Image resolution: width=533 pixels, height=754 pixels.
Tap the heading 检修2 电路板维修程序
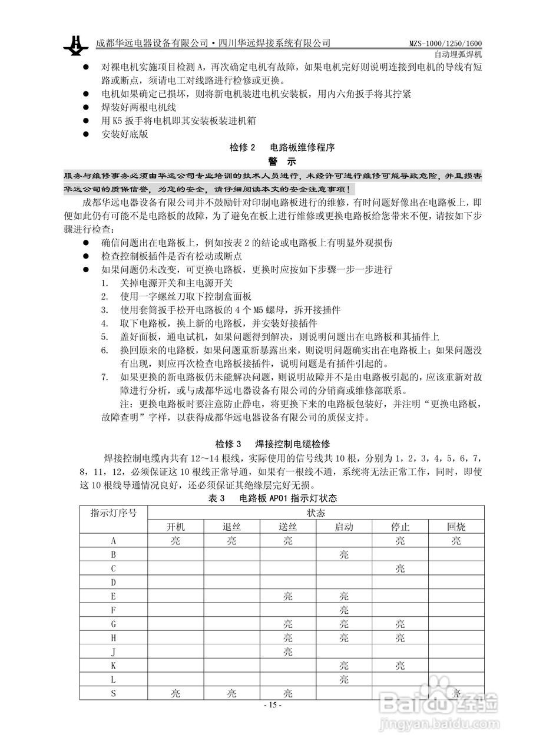282,147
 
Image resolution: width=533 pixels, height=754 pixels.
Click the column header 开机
176,527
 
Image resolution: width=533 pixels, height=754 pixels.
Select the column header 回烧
456,527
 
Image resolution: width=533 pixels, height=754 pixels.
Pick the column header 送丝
287,527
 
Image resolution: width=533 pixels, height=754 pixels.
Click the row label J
113,652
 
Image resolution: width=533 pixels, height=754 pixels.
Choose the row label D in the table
113,583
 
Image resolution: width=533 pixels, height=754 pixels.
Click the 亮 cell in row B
344,554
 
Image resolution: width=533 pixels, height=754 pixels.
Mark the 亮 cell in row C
400,568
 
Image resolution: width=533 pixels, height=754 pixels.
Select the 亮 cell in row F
344,610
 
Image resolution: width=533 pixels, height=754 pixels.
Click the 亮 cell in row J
287,652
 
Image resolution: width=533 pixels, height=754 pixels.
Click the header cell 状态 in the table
316,512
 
